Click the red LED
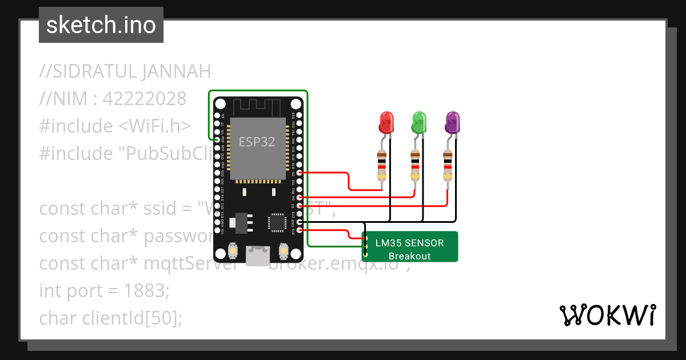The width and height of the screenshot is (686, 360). pyautogui.click(x=387, y=122)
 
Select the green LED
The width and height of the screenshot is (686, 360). pyautogui.click(x=420, y=122)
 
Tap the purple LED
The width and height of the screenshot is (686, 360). pyautogui.click(x=453, y=122)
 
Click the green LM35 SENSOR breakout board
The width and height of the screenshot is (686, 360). pyautogui.click(x=410, y=247)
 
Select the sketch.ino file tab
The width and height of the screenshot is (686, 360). pyautogui.click(x=101, y=25)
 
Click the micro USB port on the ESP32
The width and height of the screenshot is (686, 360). pyautogui.click(x=257, y=254)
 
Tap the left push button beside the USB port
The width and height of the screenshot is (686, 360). pyautogui.click(x=233, y=251)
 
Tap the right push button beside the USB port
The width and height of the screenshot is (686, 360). pyautogui.click(x=282, y=251)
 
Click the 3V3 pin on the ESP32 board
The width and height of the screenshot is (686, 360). pyautogui.click(x=296, y=230)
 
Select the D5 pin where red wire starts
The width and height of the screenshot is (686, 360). pyautogui.click(x=296, y=172)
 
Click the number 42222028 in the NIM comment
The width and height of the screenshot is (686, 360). pyautogui.click(x=145, y=99)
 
